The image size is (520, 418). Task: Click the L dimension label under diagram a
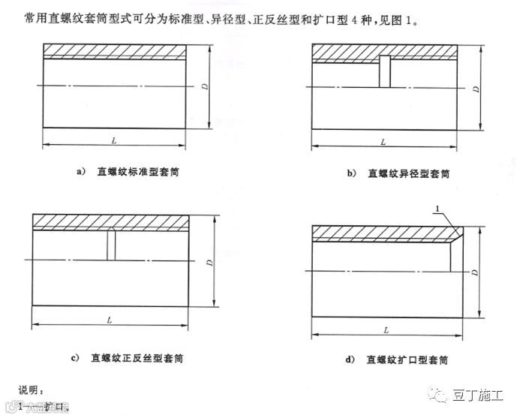(113, 140)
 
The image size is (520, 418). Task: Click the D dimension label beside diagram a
(204, 87)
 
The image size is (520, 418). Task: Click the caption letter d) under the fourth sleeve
(350, 359)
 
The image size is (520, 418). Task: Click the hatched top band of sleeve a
(114, 50)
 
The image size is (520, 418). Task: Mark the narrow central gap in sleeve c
(110, 245)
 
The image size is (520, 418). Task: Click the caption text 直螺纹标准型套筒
(137, 172)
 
